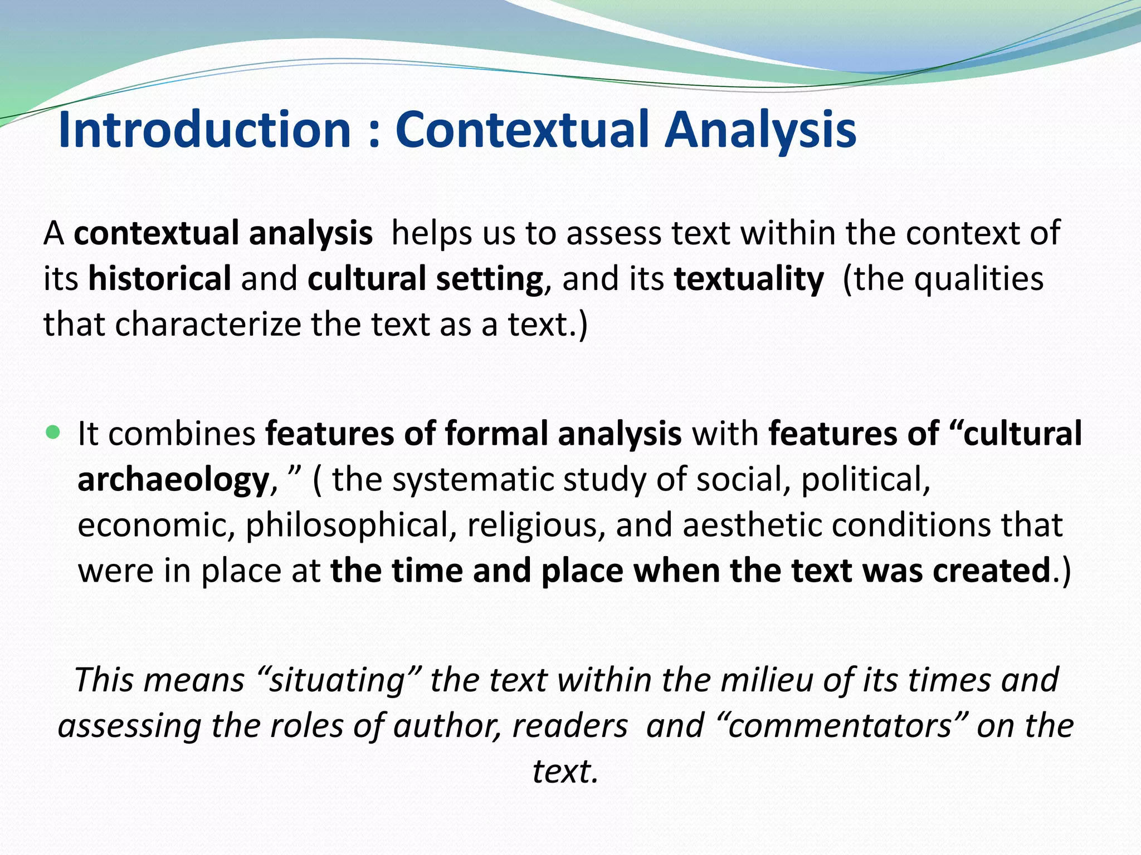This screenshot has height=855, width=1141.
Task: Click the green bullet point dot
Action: [x=53, y=432]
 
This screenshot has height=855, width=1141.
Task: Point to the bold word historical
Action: [x=160, y=278]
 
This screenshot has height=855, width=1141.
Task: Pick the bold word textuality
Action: [x=749, y=279]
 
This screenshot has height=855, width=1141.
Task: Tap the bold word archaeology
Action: [x=173, y=480]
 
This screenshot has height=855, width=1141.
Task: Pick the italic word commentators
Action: [x=839, y=726]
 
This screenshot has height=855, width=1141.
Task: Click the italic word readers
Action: [x=570, y=726]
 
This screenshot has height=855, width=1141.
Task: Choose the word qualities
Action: [x=979, y=279]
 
